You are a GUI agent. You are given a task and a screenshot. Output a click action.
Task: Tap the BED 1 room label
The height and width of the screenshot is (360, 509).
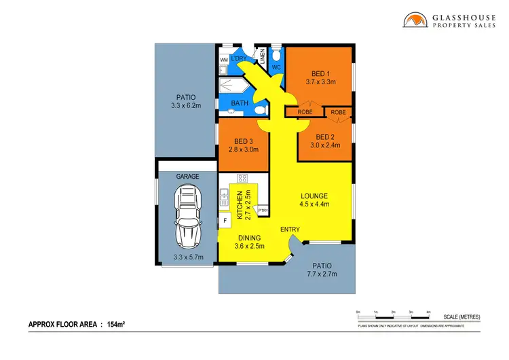(x=318, y=73)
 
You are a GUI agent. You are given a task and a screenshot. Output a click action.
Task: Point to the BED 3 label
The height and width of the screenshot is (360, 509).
(x=242, y=141)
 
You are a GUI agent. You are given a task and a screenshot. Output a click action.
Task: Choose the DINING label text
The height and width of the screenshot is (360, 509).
(x=251, y=238)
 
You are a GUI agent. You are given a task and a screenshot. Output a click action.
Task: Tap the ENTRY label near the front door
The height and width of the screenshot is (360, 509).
(x=290, y=230)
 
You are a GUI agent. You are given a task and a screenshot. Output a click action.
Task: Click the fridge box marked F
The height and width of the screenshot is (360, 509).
(x=225, y=220)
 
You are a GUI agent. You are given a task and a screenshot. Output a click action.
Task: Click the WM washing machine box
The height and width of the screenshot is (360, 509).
(x=224, y=60)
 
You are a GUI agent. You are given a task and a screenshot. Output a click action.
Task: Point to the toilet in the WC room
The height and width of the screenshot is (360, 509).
(x=276, y=54)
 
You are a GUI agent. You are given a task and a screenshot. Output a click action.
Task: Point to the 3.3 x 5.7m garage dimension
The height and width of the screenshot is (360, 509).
(x=188, y=257)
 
